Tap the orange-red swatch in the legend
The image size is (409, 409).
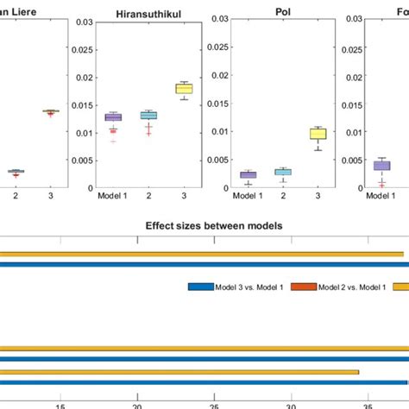coord(302,286)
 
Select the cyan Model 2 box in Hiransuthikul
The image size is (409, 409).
coord(148,115)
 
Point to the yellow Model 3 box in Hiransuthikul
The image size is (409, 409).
coord(184,88)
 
